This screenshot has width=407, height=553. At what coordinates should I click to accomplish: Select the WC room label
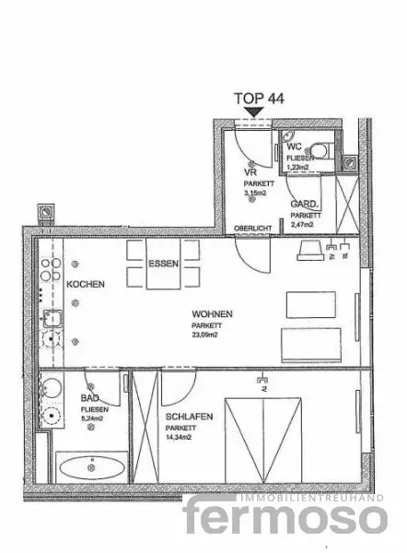pos(294,147)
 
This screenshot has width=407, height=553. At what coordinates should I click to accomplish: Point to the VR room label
pos(249,171)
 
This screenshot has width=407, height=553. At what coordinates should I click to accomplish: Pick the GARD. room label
pos(304,204)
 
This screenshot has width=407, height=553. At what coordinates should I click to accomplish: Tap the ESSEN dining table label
pos(163,262)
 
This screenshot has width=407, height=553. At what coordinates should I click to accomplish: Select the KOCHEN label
pos(85,283)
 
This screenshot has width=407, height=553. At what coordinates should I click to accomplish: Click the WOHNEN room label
pos(213,313)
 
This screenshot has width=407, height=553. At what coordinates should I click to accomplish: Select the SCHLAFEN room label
pos(190,417)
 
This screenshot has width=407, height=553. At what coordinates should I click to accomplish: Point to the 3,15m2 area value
pos(254,194)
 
